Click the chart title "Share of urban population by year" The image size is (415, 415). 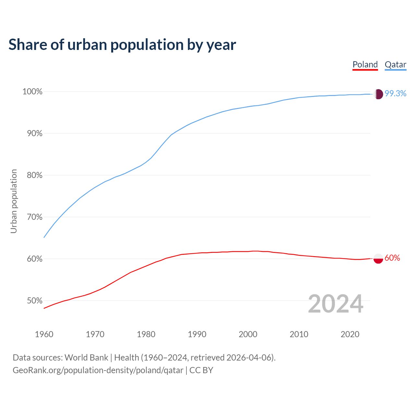(122, 45)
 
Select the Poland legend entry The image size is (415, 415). (365, 65)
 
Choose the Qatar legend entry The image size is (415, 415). (395, 65)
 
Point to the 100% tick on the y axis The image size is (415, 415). (32, 92)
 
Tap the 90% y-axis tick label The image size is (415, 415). (34, 134)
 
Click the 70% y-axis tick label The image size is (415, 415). (34, 217)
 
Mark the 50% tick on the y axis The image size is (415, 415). (34, 301)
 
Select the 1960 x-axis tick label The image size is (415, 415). (44, 334)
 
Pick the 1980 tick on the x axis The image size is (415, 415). (146, 334)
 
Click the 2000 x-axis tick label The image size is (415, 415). (248, 334)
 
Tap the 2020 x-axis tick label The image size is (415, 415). (350, 334)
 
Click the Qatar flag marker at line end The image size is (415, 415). (378, 94)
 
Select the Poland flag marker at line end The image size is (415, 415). (378, 259)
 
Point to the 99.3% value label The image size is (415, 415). (396, 94)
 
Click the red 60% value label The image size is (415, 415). (392, 258)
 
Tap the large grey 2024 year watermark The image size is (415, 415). (336, 304)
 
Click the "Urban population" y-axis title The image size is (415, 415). (14, 201)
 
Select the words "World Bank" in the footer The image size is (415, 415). (86, 358)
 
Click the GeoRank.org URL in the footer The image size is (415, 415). (98, 370)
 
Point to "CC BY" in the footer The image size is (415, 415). (201, 370)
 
